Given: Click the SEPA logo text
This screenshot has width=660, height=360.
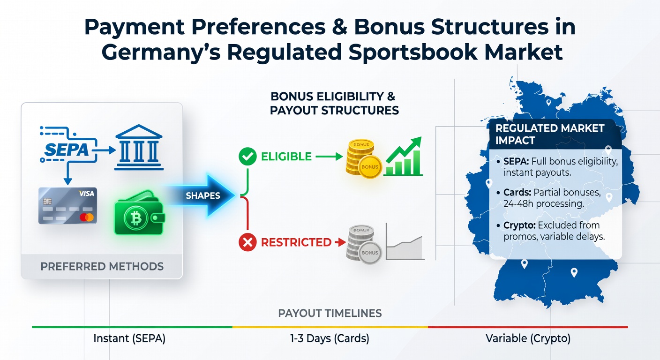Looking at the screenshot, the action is pos(67,150).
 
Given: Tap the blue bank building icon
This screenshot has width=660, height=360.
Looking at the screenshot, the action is pos(139,147).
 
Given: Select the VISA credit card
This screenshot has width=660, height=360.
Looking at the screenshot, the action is pos(68,206).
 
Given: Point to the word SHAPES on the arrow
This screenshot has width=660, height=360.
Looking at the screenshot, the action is pos(202,195).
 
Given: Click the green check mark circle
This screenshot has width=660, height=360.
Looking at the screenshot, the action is pos(247,157).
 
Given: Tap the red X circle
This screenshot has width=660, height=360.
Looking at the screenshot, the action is pos(247,242).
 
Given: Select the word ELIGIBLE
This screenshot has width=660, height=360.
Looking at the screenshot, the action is pos(286,157).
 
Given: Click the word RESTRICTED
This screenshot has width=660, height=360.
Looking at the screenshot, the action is pos(296,242).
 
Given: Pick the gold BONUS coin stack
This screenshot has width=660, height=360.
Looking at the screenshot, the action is pos(363,159).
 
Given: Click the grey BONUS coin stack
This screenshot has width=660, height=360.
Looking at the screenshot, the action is pos(364,244).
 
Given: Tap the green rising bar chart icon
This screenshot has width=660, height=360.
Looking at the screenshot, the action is pos(404,157).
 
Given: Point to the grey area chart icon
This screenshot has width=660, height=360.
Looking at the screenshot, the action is pos(405,241).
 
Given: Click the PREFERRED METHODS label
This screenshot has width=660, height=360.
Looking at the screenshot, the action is pos(102,267).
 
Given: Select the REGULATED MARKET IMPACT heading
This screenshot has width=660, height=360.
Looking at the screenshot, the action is pos(550,135).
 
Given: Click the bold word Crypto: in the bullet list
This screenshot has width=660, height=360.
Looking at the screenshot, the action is pos(519,225).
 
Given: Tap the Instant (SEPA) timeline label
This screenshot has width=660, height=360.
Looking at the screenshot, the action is pos(129,338).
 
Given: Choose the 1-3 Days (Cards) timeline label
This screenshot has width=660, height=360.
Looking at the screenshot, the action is pos(330,338).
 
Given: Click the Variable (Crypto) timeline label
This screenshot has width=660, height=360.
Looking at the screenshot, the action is pos(528,338).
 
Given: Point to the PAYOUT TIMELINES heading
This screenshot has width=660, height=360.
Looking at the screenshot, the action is pos(330,313).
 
